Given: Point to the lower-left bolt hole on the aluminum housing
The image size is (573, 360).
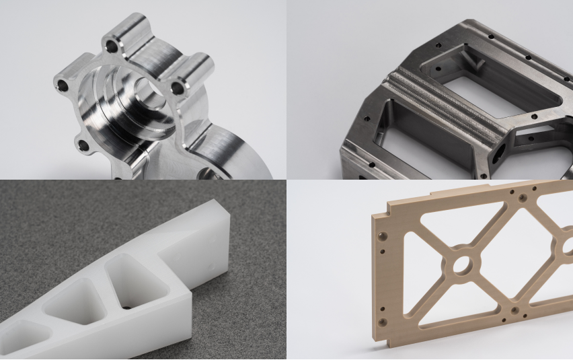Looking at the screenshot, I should tap(83, 145).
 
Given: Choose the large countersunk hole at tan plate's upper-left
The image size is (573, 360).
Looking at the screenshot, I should tap(383, 236).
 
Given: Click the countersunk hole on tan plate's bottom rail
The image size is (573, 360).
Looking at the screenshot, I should tap(514, 310).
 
